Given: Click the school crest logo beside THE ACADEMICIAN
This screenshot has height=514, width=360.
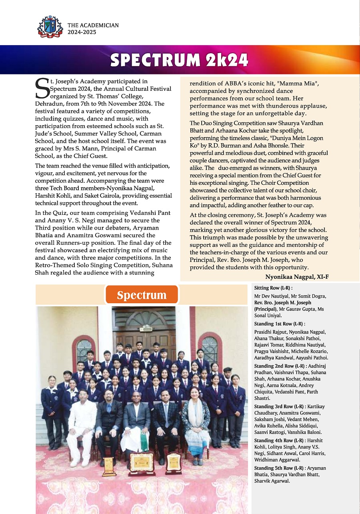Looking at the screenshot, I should pyautogui.click(x=50, y=27).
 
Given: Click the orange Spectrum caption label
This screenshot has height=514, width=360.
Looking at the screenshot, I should pyautogui.click(x=142, y=295).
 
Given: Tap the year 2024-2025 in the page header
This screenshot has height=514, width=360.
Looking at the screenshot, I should pyautogui.click(x=82, y=32).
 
